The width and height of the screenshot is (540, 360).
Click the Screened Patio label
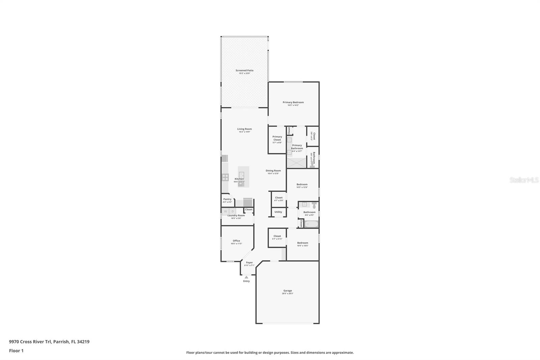pyautogui.click(x=244, y=71)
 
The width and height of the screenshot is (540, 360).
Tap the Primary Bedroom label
pyautogui.click(x=293, y=102)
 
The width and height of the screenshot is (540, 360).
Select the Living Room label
pyautogui.click(x=244, y=129)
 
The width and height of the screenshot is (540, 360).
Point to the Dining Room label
pyautogui.click(x=273, y=171)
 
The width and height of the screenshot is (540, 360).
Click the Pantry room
pyautogui.click(x=227, y=200)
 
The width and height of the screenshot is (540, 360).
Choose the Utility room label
pyautogui.click(x=278, y=212)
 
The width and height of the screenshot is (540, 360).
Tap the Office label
pyautogui.click(x=236, y=241)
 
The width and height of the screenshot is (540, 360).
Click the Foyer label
pyautogui.click(x=249, y=263)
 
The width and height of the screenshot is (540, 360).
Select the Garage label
pyautogui.click(x=288, y=291)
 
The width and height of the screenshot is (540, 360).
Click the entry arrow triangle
pyautogui.click(x=246, y=277)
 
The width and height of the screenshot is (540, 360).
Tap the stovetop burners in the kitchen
pyautogui.click(x=225, y=177)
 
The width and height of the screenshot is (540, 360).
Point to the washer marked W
pyautogui.click(x=225, y=211)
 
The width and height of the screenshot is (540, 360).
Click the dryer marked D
pyautogui.click(x=233, y=211)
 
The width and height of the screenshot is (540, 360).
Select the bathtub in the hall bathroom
pyautogui.click(x=311, y=224)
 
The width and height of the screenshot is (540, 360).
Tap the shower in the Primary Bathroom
pyautogui.click(x=296, y=163)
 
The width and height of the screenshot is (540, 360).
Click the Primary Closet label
pyautogui.click(x=277, y=138)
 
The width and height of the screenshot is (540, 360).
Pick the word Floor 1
pyautogui.click(x=16, y=351)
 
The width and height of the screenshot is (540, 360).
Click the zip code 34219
pyautogui.click(x=83, y=341)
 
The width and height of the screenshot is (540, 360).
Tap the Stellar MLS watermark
pyautogui.click(x=524, y=180)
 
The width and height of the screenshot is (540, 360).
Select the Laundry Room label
pyautogui.click(x=236, y=215)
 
